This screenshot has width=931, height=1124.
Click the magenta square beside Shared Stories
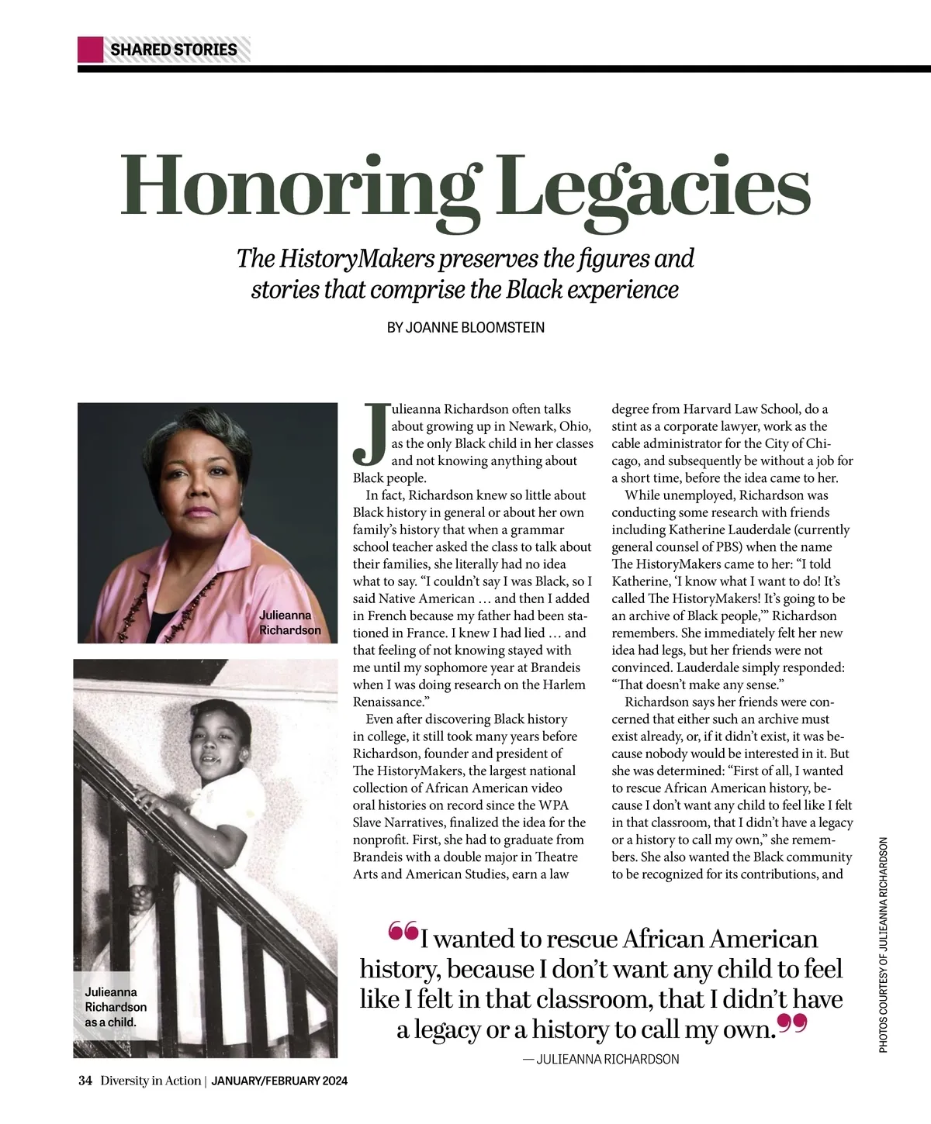tap(90, 50)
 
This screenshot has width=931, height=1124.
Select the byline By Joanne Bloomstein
tap(465, 327)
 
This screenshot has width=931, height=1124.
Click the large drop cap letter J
tap(370, 433)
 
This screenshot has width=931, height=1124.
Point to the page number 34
tap(85, 1081)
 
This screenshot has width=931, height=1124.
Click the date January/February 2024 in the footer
tap(279, 1081)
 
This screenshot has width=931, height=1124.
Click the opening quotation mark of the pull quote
tap(403, 931)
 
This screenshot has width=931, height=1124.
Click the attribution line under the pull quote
tap(601, 1059)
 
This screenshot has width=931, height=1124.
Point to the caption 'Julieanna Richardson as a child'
tap(115, 1006)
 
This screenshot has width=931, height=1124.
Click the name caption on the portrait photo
tap(289, 622)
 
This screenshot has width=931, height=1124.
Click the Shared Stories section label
tap(174, 50)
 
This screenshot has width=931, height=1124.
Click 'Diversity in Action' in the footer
tap(151, 1081)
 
